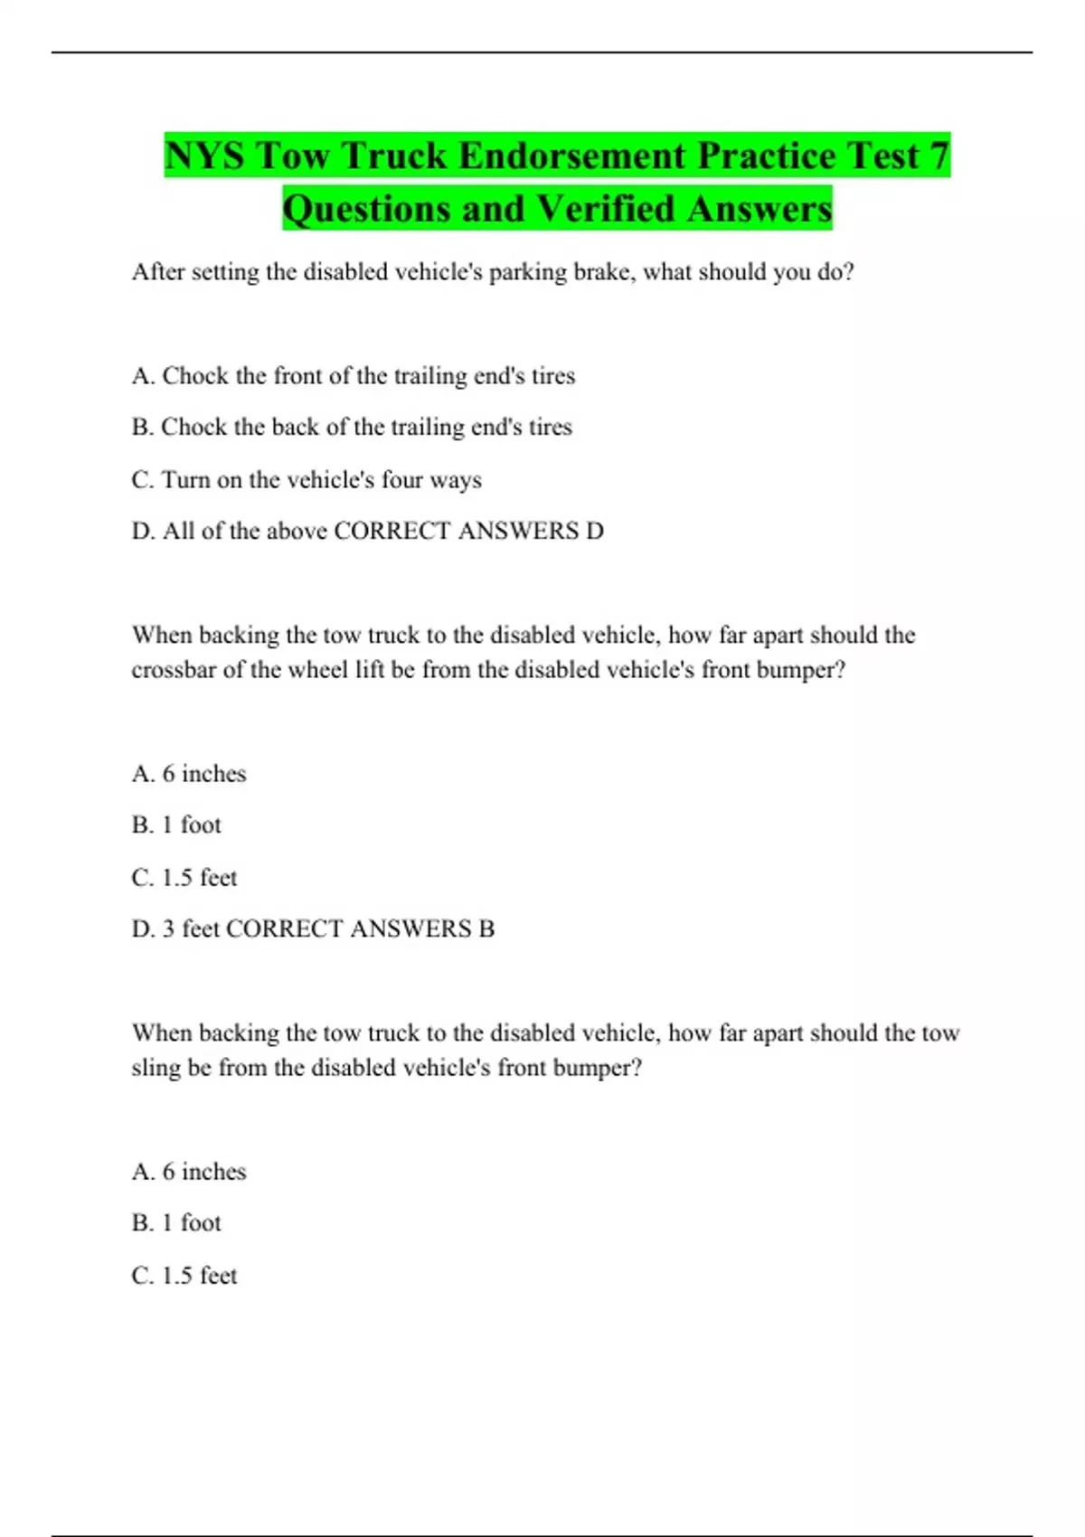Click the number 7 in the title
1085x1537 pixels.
tap(938, 156)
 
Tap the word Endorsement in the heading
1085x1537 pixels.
tap(574, 156)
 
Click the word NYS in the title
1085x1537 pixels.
tap(204, 156)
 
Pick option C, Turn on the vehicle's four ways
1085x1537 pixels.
tap(307, 479)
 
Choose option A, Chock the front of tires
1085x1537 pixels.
tap(354, 375)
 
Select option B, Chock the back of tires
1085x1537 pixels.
tap(352, 427)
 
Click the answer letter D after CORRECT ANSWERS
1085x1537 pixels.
tap(594, 531)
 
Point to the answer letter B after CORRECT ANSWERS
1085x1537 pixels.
tap(486, 929)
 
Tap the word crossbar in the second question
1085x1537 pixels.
tap(174, 670)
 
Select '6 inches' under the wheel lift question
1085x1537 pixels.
tap(203, 774)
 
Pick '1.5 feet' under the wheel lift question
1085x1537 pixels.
tap(199, 878)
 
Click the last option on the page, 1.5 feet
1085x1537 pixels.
tap(199, 1276)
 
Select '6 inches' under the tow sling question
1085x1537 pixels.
tap(203, 1172)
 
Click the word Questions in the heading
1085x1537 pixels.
tap(366, 209)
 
